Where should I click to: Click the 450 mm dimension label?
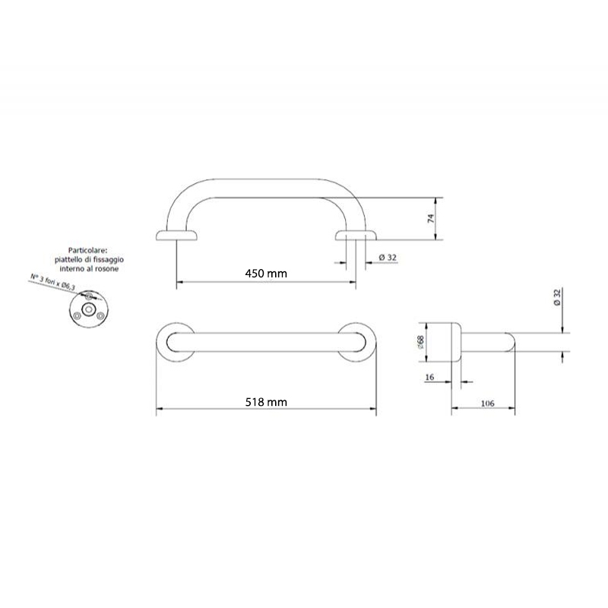(266, 274)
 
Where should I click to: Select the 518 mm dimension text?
(266, 402)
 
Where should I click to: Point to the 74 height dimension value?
(431, 218)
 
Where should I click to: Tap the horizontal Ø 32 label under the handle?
(388, 258)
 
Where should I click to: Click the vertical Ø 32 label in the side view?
(557, 297)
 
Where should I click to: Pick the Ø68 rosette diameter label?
(421, 342)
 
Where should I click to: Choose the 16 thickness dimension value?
(429, 377)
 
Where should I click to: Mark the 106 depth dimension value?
(487, 404)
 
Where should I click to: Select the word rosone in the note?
(106, 268)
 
